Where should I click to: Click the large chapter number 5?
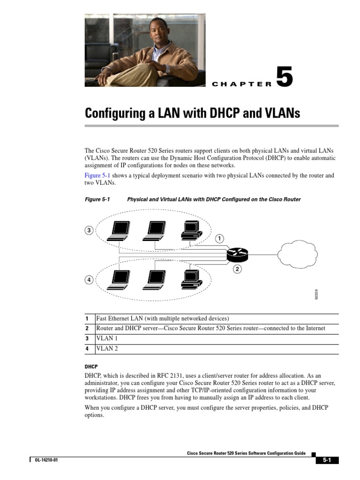point(284,77)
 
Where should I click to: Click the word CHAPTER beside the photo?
point(242,84)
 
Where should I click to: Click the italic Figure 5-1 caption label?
point(97,199)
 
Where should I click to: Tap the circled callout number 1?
point(220,239)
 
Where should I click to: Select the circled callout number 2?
point(237,269)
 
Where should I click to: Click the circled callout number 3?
point(89,230)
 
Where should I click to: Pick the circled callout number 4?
point(89,280)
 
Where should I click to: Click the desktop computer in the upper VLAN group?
point(191,230)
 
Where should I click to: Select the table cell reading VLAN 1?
point(107,338)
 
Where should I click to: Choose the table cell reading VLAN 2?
point(107,348)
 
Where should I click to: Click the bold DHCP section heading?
point(90,366)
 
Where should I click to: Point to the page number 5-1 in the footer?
point(326,460)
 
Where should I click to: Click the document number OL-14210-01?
point(46,460)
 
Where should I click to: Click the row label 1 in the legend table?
point(87,319)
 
